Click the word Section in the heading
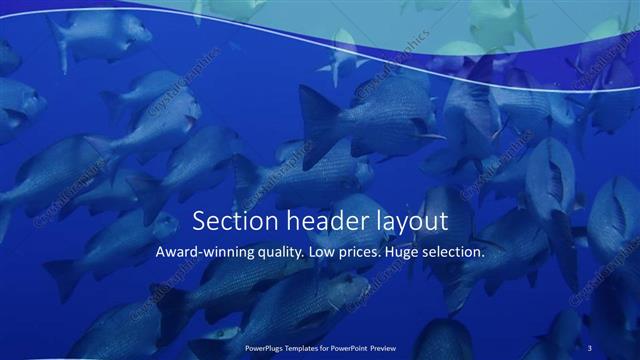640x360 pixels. [x=228, y=220]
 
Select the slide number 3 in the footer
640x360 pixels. [x=590, y=347]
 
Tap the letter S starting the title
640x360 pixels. [x=199, y=220]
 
